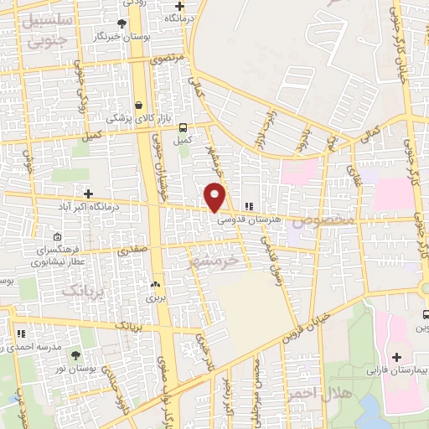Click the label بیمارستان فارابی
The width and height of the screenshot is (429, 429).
click(395, 370)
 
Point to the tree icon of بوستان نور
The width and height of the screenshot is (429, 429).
click(76, 357)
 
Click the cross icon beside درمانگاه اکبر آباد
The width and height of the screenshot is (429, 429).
click(88, 194)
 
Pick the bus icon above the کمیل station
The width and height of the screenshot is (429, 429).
click(182, 127)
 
